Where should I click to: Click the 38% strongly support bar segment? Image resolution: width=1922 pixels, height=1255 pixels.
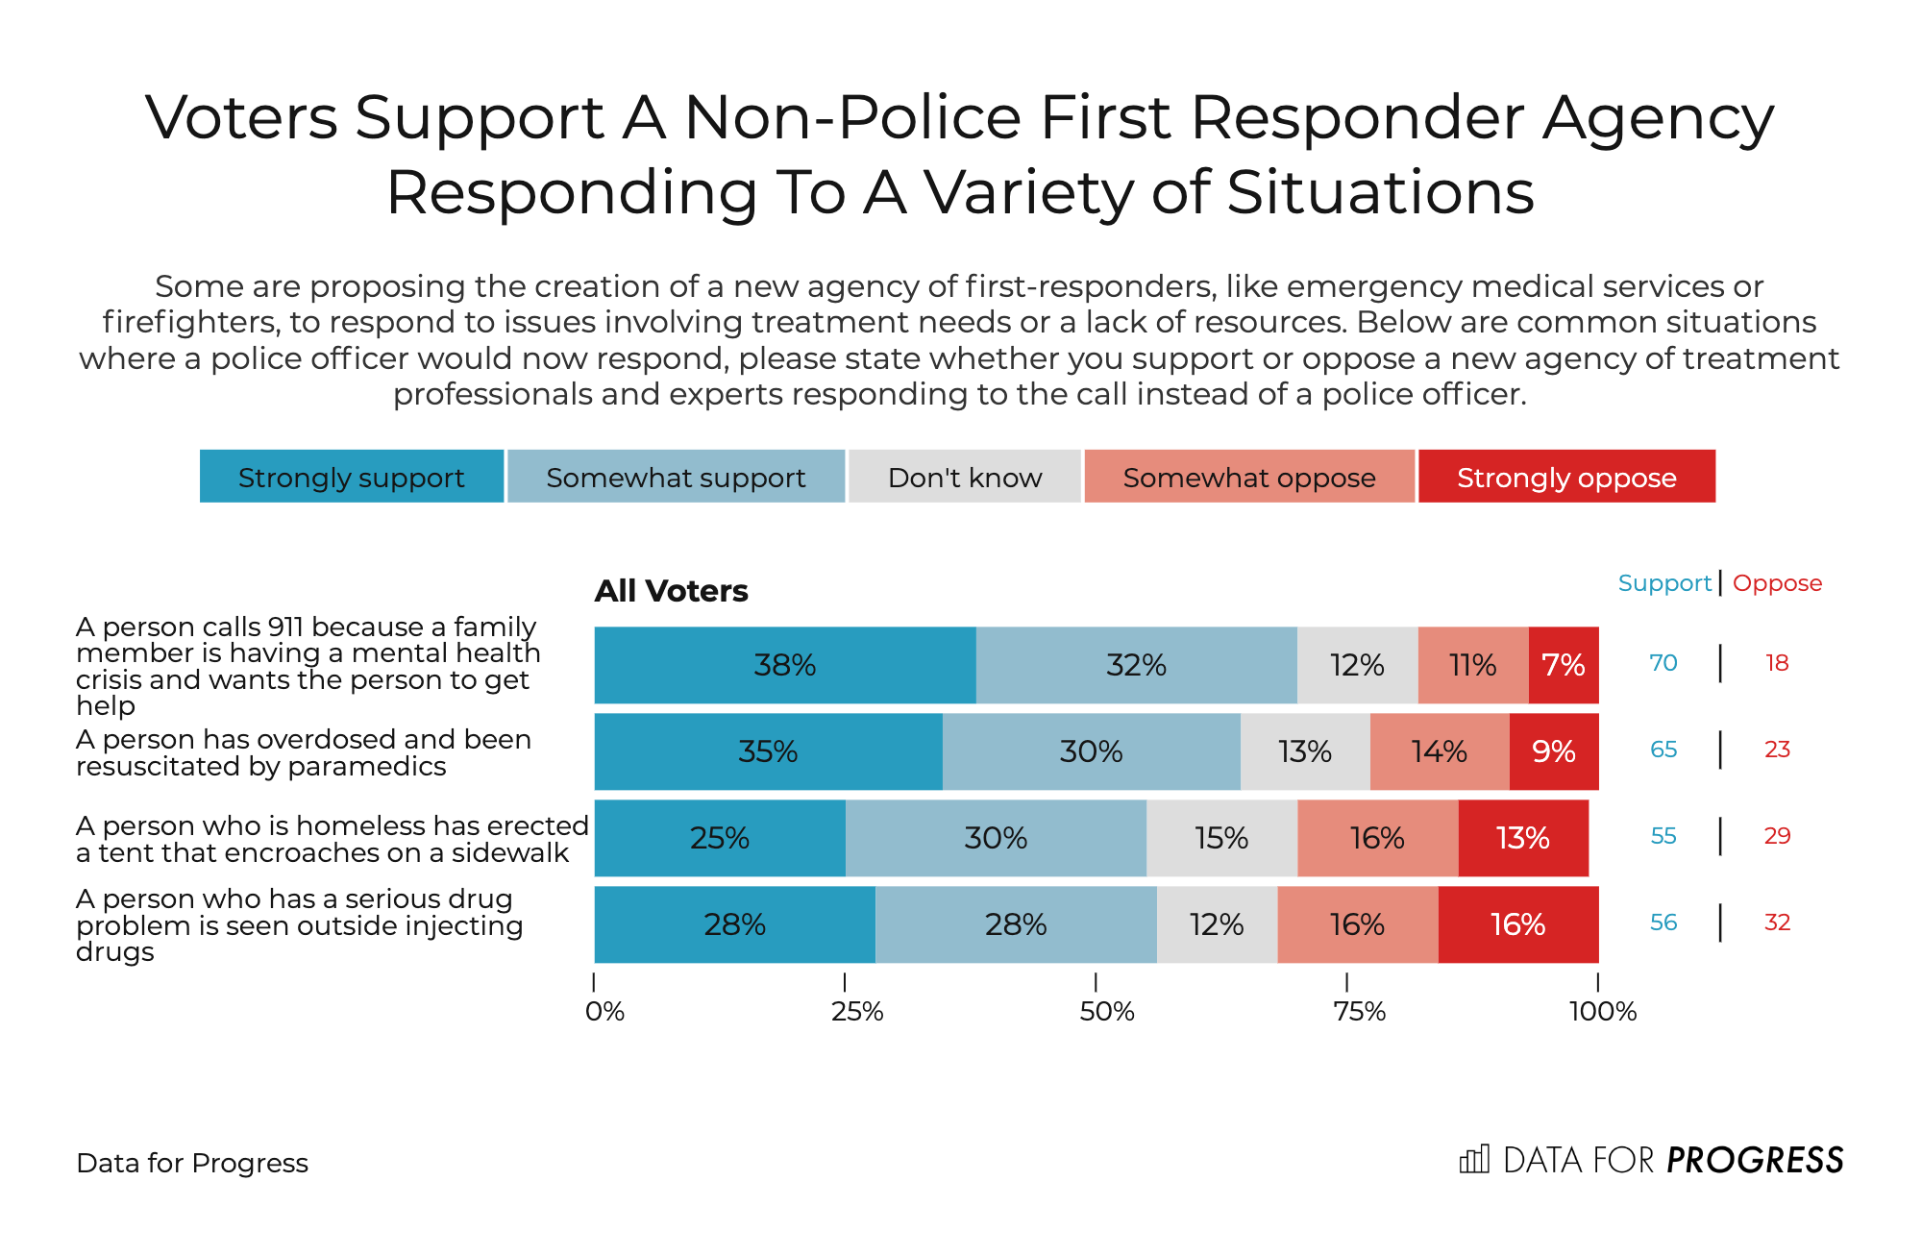(784, 665)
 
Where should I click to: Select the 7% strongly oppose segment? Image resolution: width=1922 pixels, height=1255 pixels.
(1564, 665)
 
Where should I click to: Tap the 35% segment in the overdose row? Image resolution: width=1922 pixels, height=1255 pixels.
(768, 751)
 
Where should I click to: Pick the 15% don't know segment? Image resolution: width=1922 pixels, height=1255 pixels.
(1221, 838)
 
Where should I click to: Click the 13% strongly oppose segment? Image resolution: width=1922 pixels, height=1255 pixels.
(1523, 838)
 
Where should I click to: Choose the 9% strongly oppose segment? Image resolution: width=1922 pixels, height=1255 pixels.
(1554, 751)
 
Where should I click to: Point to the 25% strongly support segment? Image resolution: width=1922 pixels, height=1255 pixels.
(720, 838)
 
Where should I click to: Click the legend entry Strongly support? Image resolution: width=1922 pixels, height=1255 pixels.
(352, 477)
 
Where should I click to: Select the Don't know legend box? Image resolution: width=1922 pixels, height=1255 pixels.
(965, 477)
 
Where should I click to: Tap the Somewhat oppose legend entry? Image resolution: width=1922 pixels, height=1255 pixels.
(1249, 477)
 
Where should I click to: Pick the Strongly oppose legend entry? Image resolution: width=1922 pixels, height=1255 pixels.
(1566, 477)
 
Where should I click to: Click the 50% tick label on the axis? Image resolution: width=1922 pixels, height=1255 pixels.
(1107, 1012)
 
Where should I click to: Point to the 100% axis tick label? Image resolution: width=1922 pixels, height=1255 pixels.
(1603, 1012)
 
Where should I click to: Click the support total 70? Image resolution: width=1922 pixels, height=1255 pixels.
(1663, 663)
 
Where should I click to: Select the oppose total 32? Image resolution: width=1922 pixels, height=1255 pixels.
(1777, 923)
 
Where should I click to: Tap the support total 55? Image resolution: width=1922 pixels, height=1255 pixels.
(1663, 836)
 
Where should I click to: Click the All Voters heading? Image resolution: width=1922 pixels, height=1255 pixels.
(671, 591)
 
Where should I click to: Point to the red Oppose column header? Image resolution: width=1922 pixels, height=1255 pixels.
(1777, 583)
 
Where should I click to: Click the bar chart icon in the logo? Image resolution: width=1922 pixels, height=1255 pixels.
(1474, 1159)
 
